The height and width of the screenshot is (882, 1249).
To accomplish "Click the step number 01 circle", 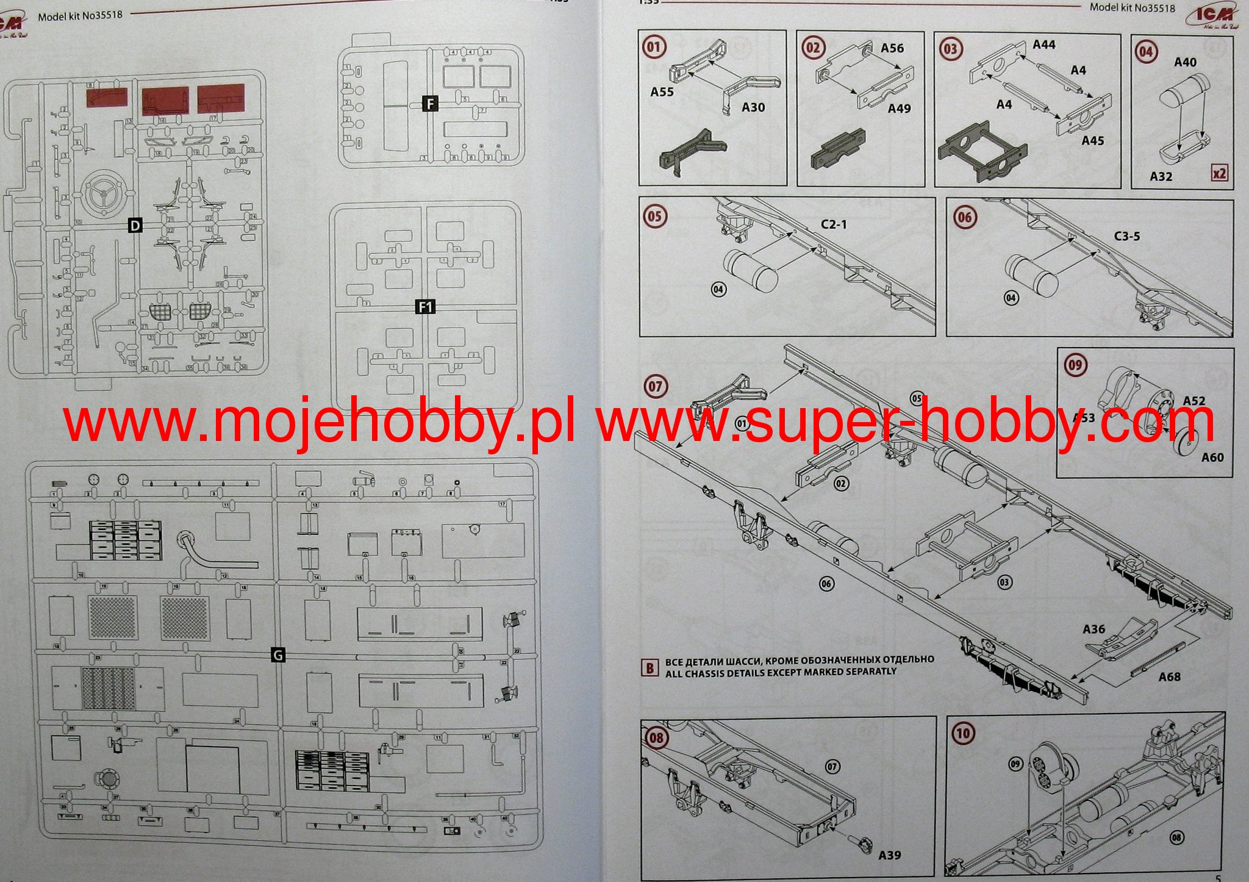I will (x=654, y=48).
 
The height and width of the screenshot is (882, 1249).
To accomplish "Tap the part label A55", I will (x=662, y=92).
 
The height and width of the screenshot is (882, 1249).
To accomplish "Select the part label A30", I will (x=753, y=107).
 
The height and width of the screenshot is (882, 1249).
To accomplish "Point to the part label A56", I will (x=892, y=48).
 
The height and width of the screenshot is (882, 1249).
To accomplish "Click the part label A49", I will (x=899, y=109).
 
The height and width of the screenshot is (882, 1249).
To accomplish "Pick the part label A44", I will (x=1044, y=45).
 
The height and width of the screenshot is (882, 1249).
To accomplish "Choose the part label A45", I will (x=1093, y=141).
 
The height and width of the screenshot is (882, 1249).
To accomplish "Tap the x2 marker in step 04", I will (x=1219, y=173).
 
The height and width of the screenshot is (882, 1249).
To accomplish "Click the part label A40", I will (x=1185, y=62).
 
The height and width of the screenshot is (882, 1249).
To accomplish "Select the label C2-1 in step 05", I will (x=834, y=224).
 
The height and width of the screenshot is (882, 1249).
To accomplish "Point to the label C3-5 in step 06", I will (x=1126, y=236).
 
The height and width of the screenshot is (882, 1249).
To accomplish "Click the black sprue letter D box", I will (x=135, y=226).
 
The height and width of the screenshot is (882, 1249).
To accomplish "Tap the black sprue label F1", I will (x=425, y=306).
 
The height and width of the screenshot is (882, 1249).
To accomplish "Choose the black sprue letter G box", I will (x=277, y=655).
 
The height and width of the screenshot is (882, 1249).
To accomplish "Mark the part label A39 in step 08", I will (x=890, y=855).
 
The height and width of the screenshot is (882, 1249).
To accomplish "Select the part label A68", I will (x=1169, y=676).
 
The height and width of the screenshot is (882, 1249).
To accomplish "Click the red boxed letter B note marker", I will (x=650, y=667).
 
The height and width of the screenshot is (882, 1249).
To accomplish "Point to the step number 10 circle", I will (x=962, y=733).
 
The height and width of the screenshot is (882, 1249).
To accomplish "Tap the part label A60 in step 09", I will (x=1212, y=457).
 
